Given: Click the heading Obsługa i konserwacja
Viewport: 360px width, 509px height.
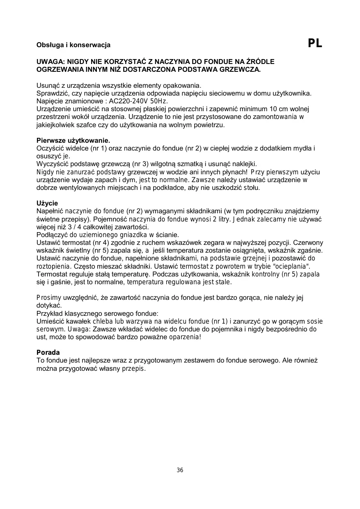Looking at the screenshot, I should coord(73,45).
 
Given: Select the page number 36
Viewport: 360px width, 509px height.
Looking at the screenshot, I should coord(180,470).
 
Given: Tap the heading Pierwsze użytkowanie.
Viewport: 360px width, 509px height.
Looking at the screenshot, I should coord(73,141).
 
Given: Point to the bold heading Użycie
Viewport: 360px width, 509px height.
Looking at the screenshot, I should coord(47,203).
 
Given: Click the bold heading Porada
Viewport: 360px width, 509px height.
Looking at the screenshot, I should coord(48,353).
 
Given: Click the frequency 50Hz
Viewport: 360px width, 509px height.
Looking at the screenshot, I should coord(158,101).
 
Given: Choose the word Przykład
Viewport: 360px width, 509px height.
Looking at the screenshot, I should coord(50,314).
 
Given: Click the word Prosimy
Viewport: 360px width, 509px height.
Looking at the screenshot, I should coord(49,298).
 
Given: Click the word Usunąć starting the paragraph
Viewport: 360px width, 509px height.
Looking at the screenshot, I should coord(49,86).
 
